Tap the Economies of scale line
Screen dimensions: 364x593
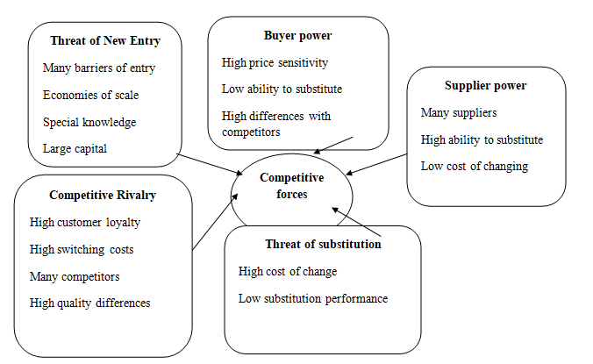pos(90,95)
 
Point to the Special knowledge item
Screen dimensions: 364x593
pos(89,122)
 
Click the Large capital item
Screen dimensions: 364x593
pos(75,148)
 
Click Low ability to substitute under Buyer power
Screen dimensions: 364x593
pos(282,89)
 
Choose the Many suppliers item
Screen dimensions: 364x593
pos(458,112)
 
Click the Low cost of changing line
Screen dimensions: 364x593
pos(474,166)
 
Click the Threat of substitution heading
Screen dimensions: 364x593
pos(323,244)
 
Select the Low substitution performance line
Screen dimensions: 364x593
pos(312,298)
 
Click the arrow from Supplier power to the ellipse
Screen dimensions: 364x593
pos(377,164)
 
